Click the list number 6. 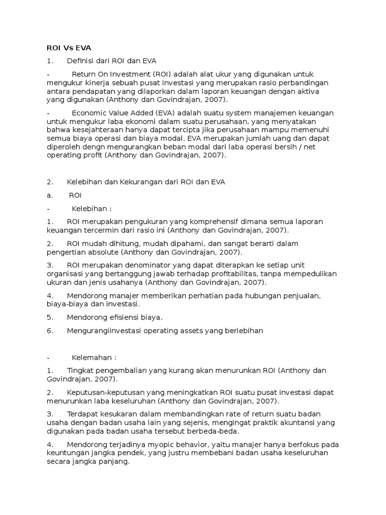[50, 330]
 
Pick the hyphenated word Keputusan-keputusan [105, 392]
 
